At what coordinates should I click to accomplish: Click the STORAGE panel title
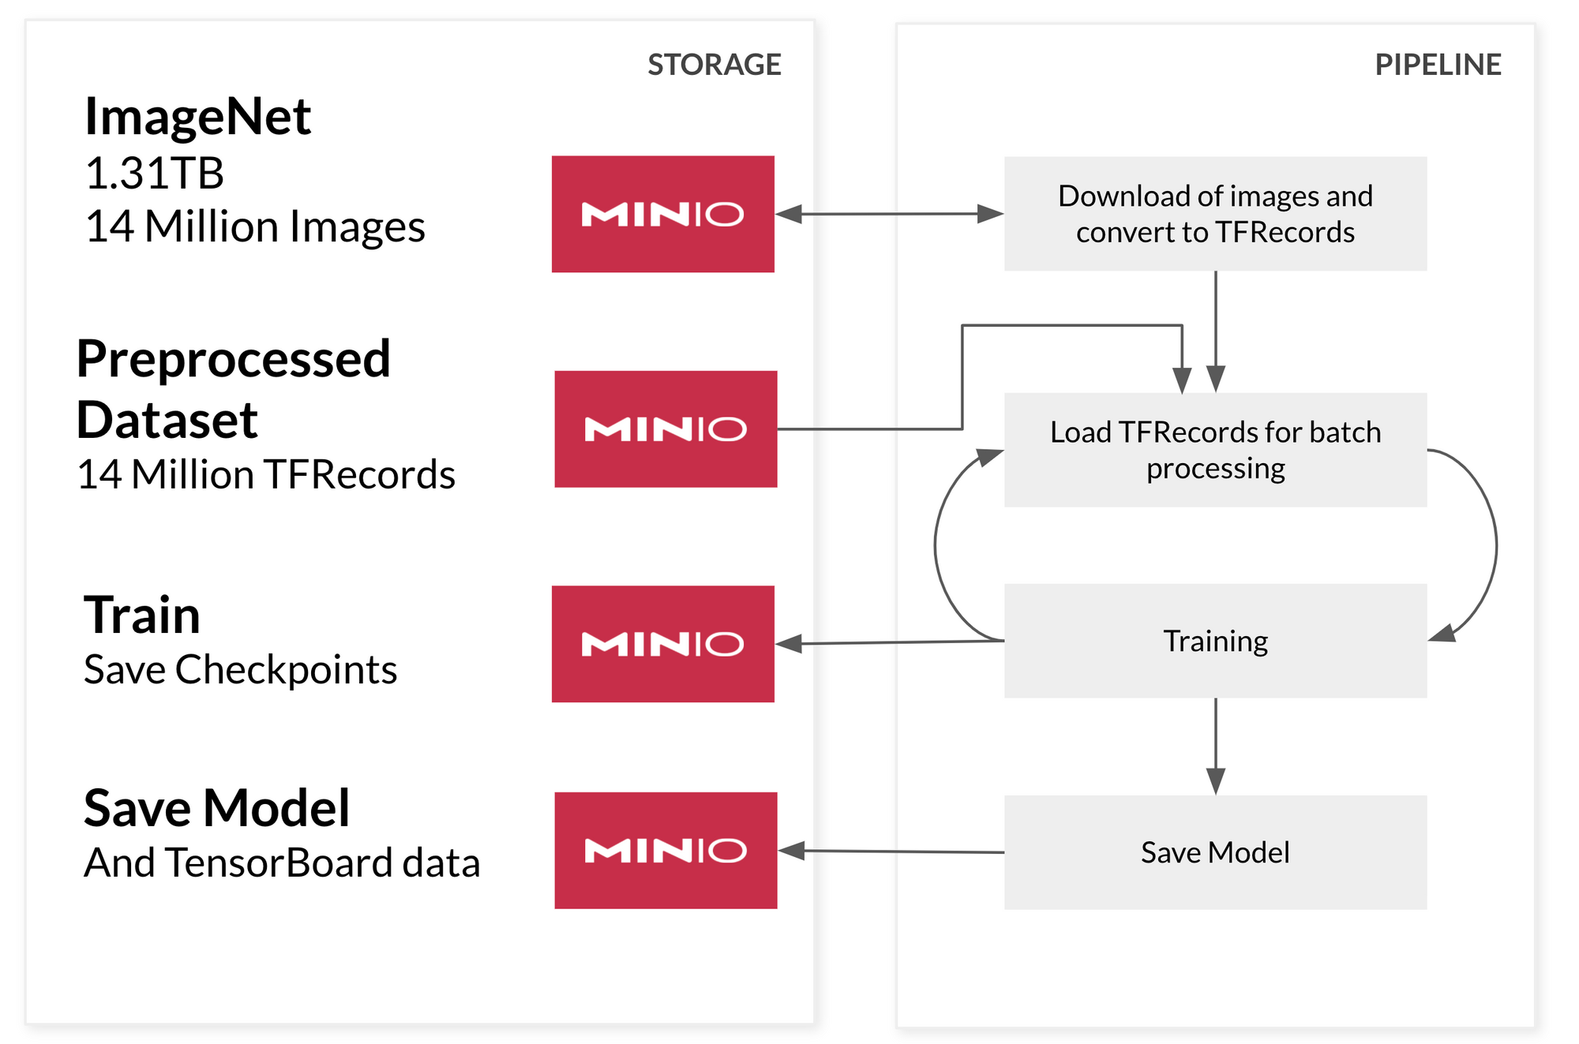coord(714,65)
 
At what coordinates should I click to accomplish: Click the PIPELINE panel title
coord(1437,65)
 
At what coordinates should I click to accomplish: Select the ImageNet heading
coord(197,117)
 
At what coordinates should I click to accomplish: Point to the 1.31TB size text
coord(155,173)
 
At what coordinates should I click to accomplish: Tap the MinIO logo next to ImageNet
coord(662,214)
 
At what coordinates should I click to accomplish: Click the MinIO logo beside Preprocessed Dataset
coord(666,429)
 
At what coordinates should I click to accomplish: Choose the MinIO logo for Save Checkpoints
coord(662,644)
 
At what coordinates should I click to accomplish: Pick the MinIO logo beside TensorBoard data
coord(666,851)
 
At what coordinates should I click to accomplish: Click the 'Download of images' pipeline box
coord(1215,214)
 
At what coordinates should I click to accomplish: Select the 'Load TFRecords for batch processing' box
coord(1215,450)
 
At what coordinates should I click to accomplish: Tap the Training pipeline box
coord(1215,641)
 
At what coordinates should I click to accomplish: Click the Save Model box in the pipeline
coord(1215,852)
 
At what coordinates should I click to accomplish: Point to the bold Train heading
coord(142,615)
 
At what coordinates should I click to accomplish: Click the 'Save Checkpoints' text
coord(240,670)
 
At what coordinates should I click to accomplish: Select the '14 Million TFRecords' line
coord(266,475)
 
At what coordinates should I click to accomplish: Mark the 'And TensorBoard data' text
coord(282,863)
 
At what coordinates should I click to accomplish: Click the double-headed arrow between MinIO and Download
coord(889,214)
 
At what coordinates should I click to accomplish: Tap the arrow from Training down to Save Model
coord(1216,746)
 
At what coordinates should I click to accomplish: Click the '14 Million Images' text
coord(255,226)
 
